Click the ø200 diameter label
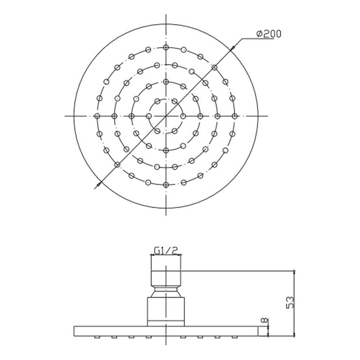click(x=269, y=34)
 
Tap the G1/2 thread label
click(x=166, y=251)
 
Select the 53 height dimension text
click(x=290, y=303)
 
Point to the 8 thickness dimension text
click(x=265, y=321)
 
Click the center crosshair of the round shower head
click(x=166, y=116)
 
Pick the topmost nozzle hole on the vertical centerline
click(x=166, y=48)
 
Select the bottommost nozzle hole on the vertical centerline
click(x=166, y=185)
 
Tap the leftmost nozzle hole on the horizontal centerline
click(x=97, y=116)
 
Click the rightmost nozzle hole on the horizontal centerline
click(x=234, y=116)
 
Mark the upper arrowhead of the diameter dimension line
click(x=233, y=48)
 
